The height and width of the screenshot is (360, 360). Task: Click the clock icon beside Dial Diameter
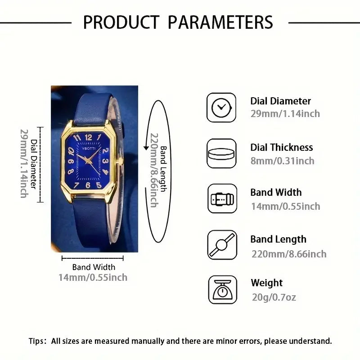click(x=221, y=107)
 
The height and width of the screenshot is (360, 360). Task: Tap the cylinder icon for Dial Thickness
click(x=221, y=153)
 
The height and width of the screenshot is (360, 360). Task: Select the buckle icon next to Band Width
click(x=221, y=198)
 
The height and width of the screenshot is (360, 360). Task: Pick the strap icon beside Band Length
click(x=221, y=245)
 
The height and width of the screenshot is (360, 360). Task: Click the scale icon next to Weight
click(x=222, y=290)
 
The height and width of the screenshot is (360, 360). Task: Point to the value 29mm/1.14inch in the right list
click(x=285, y=114)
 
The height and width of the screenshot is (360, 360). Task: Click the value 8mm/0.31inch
click(x=282, y=161)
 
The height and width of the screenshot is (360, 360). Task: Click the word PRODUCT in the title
click(x=121, y=22)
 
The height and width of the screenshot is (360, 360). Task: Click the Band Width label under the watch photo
click(x=94, y=267)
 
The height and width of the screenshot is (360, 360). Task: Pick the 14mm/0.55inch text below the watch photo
click(x=93, y=277)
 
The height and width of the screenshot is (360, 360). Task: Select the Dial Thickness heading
click(x=281, y=147)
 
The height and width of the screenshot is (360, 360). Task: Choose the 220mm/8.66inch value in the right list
click(x=288, y=254)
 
